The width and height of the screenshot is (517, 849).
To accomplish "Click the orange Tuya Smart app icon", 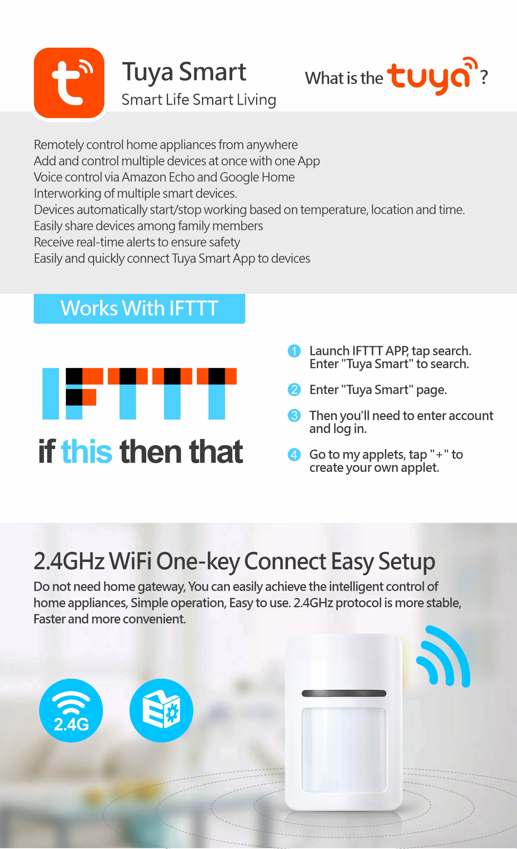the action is tap(69, 83).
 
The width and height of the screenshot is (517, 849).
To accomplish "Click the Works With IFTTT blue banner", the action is tap(139, 308).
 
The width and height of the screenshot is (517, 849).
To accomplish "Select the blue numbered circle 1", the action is tap(294, 351).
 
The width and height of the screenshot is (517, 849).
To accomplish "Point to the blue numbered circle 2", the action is tap(294, 390).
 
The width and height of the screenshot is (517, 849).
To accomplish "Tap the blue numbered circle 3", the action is tap(294, 416).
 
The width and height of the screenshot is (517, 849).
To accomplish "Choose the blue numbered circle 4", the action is tap(294, 454).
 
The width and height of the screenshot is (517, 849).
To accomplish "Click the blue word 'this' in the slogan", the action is tap(87, 451).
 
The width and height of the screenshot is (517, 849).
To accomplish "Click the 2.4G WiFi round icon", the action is tap(71, 710).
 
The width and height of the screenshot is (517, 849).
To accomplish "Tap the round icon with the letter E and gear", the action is tap(161, 710).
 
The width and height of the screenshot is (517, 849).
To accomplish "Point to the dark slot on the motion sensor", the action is tap(344, 693).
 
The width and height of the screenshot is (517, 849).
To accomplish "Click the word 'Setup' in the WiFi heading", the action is tap(407, 562).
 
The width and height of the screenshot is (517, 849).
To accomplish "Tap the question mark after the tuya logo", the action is tap(484, 77).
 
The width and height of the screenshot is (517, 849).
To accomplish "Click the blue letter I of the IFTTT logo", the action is tap(50, 393).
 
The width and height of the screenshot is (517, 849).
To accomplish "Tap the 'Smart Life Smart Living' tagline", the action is tap(199, 100).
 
